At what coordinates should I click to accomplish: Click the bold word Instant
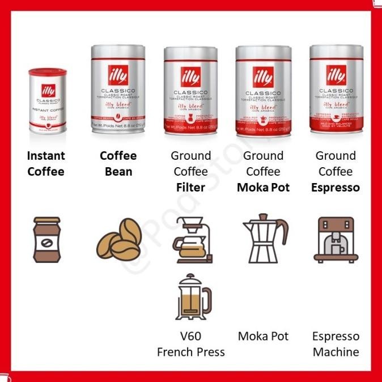coord(46,156)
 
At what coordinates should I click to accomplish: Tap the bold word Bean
coord(118,171)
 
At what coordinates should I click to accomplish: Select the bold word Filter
coord(190,187)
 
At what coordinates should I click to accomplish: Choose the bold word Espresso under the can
coord(336,187)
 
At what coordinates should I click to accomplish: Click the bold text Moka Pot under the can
coord(263,187)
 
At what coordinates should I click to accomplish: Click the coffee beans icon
coord(119,239)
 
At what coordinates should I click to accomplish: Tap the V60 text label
coord(190,336)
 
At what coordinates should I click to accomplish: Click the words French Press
coord(190,352)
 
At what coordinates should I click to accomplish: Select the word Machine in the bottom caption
coord(336,352)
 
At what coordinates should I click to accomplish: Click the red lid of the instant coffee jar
coord(48,73)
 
